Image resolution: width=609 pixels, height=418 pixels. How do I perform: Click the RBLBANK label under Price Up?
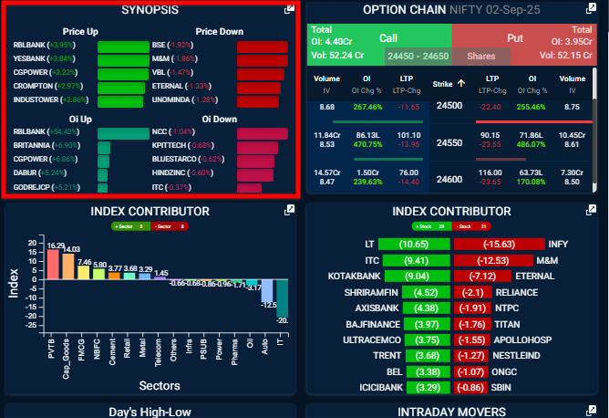click(x=30, y=45)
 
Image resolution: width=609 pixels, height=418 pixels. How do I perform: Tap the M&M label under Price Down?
click(x=166, y=58)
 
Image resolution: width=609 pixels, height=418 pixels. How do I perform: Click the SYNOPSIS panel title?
click(x=150, y=10)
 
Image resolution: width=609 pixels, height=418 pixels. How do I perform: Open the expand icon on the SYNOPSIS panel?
click(x=289, y=9)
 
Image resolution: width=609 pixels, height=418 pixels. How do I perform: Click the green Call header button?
click(x=388, y=37)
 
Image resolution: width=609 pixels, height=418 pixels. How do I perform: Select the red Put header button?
click(x=515, y=37)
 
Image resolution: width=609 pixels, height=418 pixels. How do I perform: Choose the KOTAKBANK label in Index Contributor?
click(x=350, y=276)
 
